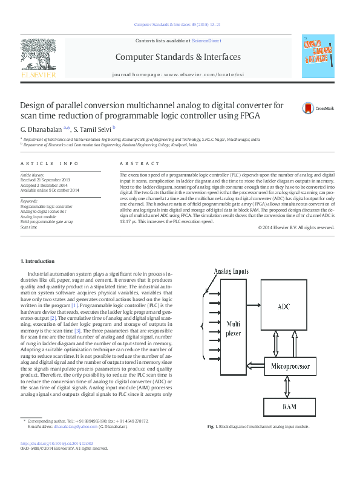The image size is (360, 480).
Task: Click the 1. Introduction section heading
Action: (x=38, y=261)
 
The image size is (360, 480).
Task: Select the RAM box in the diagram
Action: (x=290, y=407)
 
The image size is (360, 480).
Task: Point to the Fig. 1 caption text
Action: (x=258, y=427)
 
